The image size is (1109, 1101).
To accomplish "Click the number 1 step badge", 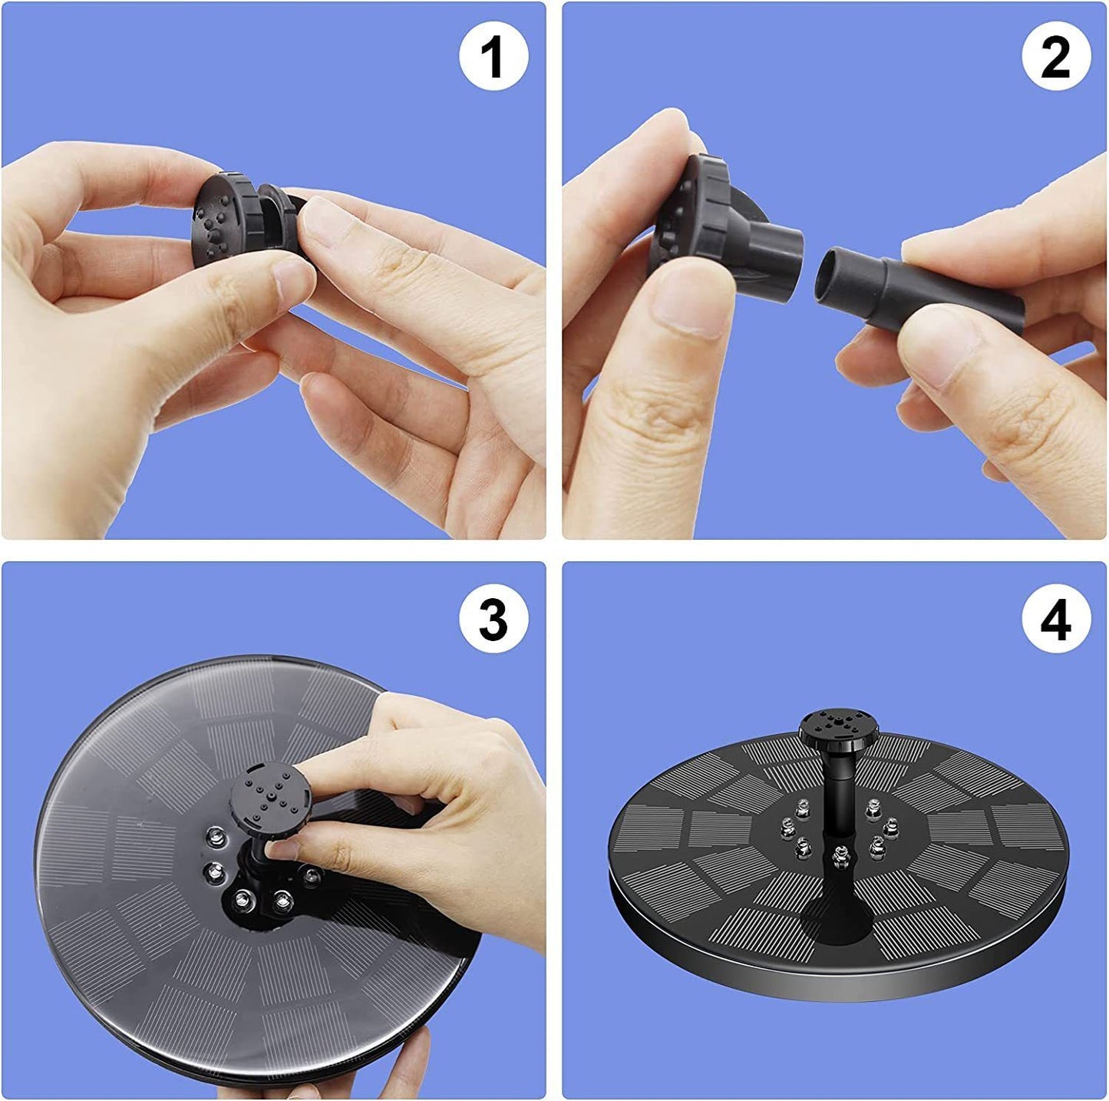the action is (493, 57).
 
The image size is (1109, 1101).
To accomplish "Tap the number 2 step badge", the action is (1055, 57).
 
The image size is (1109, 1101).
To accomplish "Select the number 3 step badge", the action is (493, 619).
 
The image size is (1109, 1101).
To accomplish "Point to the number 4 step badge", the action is (1055, 619).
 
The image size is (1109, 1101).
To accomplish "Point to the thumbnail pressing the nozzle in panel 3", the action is (284, 848).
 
